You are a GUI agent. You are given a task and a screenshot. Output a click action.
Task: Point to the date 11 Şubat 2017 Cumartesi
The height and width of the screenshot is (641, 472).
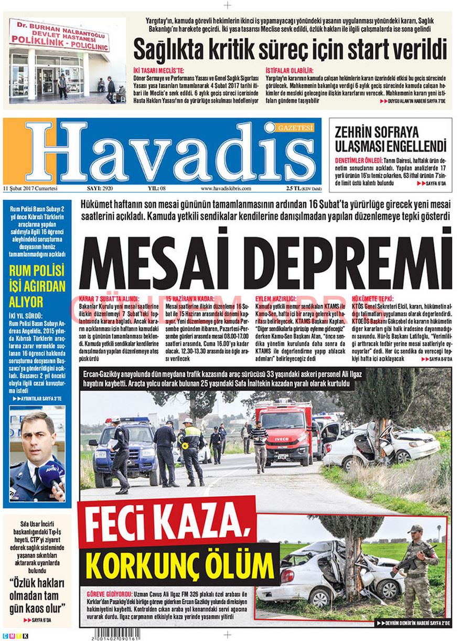[30, 188]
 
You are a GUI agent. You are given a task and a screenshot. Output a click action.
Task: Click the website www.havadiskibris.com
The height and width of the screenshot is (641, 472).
[226, 188]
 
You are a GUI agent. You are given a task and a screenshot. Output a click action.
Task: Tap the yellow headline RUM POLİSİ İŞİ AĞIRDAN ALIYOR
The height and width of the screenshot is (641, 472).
[37, 286]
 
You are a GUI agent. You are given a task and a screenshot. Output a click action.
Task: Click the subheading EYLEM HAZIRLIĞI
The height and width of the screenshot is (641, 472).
[275, 298]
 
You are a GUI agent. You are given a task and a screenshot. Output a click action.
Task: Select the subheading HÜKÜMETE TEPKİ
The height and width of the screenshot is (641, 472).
[372, 298]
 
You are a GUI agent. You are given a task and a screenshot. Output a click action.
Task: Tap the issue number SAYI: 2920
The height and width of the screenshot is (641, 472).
[99, 188]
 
